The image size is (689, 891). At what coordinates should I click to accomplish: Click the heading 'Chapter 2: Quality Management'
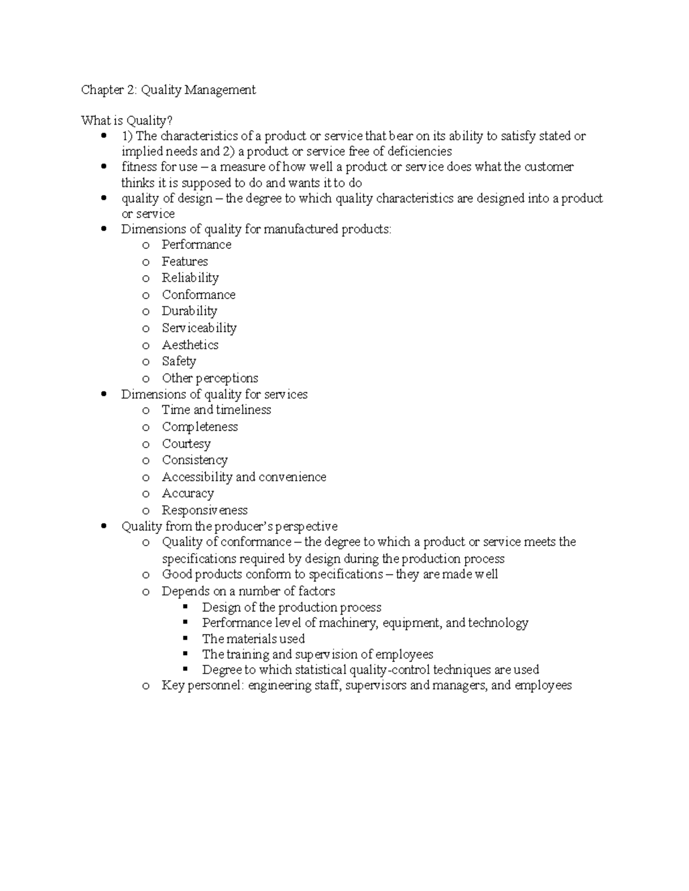coord(168,90)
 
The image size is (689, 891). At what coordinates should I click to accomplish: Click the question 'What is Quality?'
coord(126,120)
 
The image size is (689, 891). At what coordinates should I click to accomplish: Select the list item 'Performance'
coord(196,245)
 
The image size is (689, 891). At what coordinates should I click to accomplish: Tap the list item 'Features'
coord(184,262)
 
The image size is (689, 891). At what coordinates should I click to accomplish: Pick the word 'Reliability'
coord(190,278)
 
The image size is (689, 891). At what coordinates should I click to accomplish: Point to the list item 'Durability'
coord(189,312)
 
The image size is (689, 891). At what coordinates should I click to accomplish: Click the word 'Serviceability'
coord(199,328)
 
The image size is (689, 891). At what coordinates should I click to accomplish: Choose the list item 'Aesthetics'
coord(190,345)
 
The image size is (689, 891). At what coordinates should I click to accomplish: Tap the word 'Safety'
coord(179,361)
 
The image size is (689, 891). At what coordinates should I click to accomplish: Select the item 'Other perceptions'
coord(210,378)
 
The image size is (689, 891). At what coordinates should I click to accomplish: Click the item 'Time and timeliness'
coord(216,410)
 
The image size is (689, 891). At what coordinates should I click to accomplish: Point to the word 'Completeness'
coord(199,427)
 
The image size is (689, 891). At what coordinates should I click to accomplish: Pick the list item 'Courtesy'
coord(186,444)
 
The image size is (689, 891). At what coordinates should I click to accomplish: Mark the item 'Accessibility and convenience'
coord(243,477)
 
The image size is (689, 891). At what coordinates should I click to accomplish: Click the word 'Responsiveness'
coord(204,511)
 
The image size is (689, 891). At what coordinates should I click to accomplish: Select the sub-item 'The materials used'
coord(253,639)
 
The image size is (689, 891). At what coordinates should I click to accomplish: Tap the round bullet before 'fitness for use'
coord(103,167)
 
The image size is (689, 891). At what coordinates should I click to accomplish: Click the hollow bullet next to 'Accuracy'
coord(146,495)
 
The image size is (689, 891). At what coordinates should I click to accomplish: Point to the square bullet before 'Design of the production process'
coord(185,607)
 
